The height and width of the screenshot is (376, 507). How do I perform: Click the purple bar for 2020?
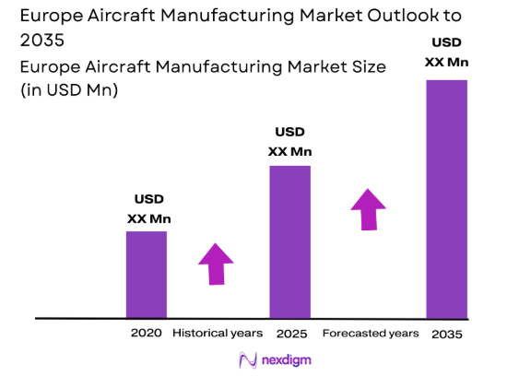click(x=147, y=274)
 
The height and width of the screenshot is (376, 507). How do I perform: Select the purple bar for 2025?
click(x=289, y=241)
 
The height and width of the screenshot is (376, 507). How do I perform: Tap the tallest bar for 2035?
click(x=446, y=198)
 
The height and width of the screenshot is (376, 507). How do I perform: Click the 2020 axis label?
click(x=147, y=333)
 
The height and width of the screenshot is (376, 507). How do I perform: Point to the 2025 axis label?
click(x=289, y=333)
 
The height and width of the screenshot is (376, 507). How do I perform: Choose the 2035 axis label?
click(x=447, y=333)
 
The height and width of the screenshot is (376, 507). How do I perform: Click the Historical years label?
click(x=218, y=333)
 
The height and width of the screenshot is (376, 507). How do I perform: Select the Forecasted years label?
click(x=371, y=333)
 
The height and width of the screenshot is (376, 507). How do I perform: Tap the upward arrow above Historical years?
click(x=217, y=264)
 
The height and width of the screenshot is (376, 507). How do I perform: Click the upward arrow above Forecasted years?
click(x=369, y=209)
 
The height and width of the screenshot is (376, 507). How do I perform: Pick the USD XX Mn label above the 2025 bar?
click(x=289, y=142)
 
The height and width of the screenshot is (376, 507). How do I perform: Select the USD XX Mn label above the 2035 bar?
click(x=446, y=53)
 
